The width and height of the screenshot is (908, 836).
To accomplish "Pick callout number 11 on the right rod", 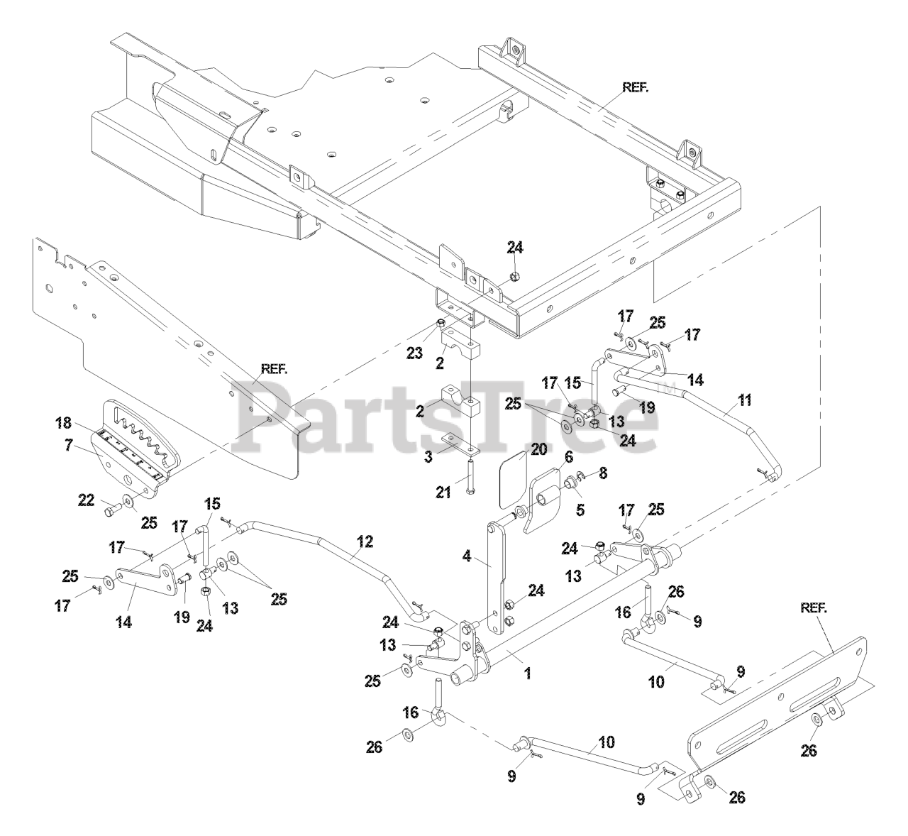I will click(x=743, y=402).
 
